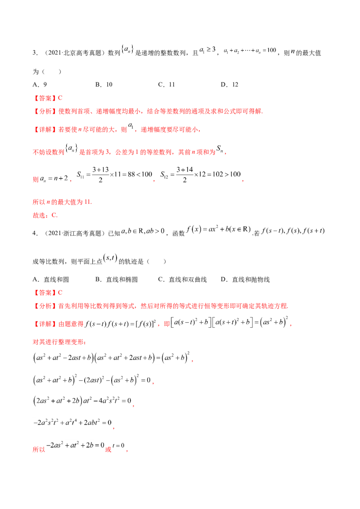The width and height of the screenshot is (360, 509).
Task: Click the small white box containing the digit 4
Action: point(130,126)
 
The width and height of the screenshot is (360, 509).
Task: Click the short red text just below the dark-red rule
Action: point(45,215)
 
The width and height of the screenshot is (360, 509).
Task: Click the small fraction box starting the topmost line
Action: point(128,47)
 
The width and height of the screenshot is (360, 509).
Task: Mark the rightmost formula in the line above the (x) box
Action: point(292,231)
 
